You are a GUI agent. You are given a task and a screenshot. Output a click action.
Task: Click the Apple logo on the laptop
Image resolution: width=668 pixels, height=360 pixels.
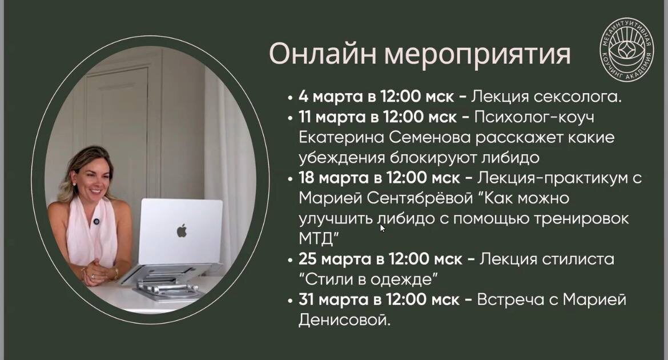coord(182,231)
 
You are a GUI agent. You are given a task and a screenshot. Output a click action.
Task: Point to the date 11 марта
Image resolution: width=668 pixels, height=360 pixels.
coord(331,117)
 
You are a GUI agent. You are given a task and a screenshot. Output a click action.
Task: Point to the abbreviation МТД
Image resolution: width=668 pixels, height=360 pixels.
coord(315,237)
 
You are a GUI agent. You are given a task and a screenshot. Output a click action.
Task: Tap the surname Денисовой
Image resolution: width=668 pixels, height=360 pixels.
coord(344,320)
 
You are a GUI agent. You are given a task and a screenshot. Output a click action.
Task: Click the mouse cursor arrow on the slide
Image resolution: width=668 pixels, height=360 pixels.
coord(383,228)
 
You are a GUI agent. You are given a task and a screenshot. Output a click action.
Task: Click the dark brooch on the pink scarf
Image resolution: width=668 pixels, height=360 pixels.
coord(96,221)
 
